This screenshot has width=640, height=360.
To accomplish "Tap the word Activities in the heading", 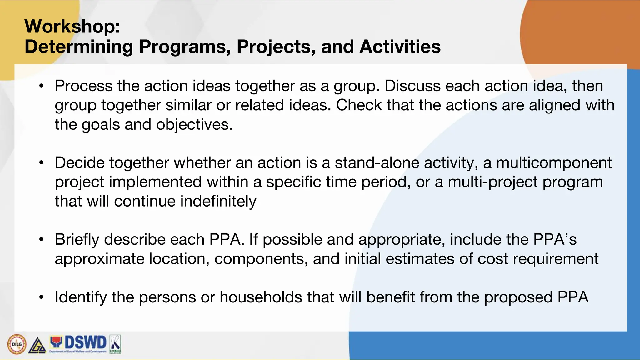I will [400, 47].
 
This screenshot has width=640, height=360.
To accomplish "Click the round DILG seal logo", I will [17, 344].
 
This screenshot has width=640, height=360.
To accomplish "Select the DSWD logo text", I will [85, 342].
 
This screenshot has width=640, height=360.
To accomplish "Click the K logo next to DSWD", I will [115, 344].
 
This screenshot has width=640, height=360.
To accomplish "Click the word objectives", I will [194, 125].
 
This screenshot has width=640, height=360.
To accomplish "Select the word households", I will [261, 297].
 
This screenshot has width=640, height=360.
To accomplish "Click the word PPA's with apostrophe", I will [555, 240].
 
